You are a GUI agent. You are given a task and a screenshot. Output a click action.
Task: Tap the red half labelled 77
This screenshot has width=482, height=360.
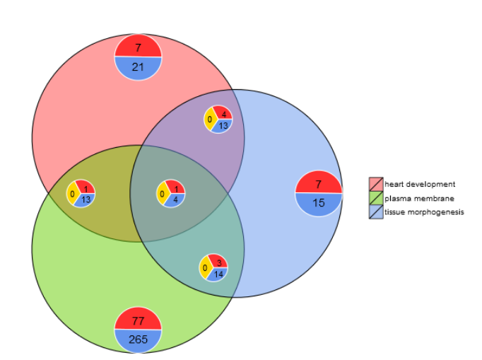(x=139, y=320)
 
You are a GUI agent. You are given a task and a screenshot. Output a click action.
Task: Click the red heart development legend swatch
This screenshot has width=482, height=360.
(x=375, y=184)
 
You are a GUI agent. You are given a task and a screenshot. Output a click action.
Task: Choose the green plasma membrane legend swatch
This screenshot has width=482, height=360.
(x=375, y=198)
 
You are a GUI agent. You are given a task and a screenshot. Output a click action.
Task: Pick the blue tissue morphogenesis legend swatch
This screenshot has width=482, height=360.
(x=375, y=212)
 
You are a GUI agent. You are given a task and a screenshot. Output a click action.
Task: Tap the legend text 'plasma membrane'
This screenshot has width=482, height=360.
(x=415, y=199)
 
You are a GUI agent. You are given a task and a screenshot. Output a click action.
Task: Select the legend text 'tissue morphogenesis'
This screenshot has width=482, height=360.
(x=424, y=213)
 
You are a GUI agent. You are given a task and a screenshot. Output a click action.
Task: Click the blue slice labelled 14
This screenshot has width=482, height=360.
(x=218, y=274)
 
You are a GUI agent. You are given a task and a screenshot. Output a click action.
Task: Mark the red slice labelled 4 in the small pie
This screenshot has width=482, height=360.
(x=223, y=114)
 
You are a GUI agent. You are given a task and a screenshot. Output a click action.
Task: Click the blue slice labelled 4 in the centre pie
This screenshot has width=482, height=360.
(x=175, y=199)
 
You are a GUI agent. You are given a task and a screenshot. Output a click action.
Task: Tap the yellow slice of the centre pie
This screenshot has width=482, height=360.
(x=163, y=192)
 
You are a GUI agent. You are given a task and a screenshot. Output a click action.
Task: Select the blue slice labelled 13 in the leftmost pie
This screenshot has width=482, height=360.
(x=86, y=199)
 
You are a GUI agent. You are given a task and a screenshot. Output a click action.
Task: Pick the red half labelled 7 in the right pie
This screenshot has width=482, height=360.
(x=319, y=183)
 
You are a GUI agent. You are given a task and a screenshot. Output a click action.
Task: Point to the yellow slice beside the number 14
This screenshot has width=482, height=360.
(x=205, y=268)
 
